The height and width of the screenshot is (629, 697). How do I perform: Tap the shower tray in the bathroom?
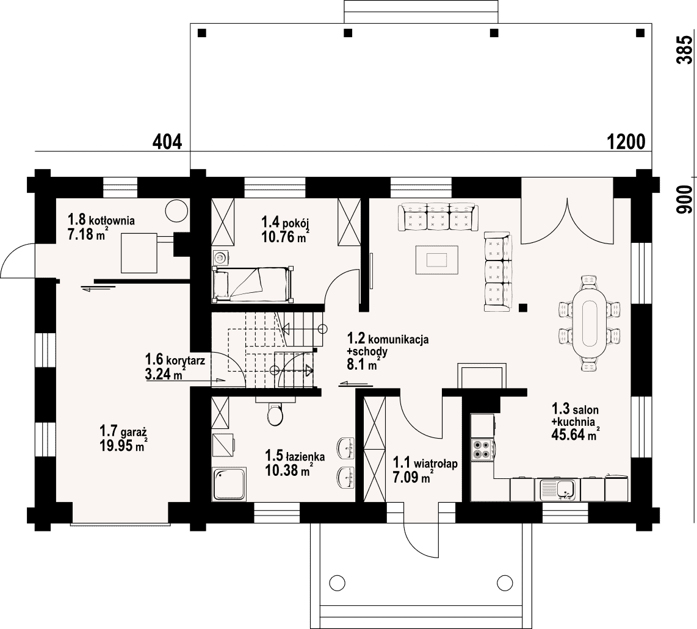pyautogui.click(x=229, y=484)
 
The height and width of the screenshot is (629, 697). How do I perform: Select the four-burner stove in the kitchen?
pyautogui.click(x=482, y=449)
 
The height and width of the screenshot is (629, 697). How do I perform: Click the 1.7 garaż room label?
pyautogui.click(x=123, y=431)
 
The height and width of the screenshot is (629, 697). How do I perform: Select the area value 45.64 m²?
pyautogui.click(x=576, y=434)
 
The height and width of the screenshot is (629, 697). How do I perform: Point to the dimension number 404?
pyautogui.click(x=167, y=142)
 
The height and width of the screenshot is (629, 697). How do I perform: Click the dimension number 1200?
pyautogui.click(x=626, y=142)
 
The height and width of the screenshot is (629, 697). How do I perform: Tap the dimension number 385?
pyautogui.click(x=685, y=50)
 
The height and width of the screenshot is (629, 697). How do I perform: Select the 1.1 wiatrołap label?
pyautogui.click(x=425, y=463)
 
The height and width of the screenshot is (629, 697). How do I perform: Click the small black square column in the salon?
pyautogui.click(x=523, y=307)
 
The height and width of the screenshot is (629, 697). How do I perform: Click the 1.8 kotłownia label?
pyautogui.click(x=101, y=220)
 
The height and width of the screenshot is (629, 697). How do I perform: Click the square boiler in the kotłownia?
pyautogui.click(x=139, y=253)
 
